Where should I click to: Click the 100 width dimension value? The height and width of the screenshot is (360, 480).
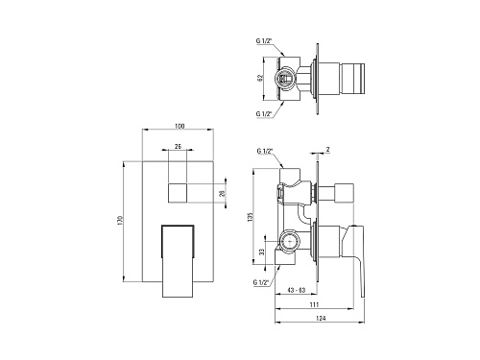tap(180, 126)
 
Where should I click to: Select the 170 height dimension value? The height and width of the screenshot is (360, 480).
tap(120, 220)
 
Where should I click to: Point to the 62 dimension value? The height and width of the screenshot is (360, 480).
tap(260, 78)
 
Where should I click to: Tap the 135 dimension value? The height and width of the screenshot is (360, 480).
tap(251, 217)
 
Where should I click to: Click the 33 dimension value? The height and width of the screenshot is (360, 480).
tap(262, 252)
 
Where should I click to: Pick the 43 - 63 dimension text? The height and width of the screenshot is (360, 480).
tap(297, 290)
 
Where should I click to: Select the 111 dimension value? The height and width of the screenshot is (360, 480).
tap(314, 304)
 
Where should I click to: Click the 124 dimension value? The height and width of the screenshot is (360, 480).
tap(321, 318)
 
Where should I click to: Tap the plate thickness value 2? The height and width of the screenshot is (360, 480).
tap(328, 149)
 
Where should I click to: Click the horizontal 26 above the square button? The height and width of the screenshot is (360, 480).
tap(178, 146)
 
